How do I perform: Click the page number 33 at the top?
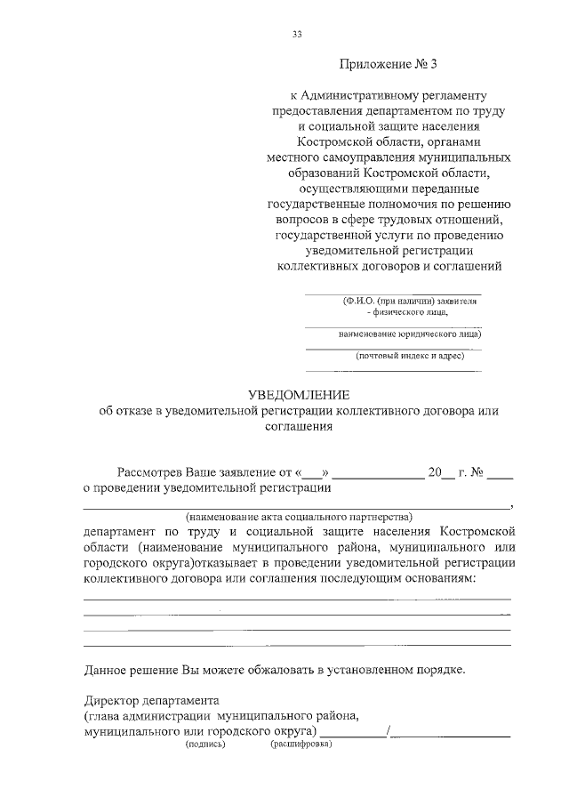tap(297, 35)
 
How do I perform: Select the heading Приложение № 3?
tap(390, 65)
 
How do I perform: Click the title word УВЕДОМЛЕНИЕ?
tap(299, 394)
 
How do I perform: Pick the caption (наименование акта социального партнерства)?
tap(298, 517)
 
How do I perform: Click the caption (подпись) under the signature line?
tap(205, 745)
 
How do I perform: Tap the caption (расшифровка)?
tap(301, 745)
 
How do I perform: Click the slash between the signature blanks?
tap(389, 732)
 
